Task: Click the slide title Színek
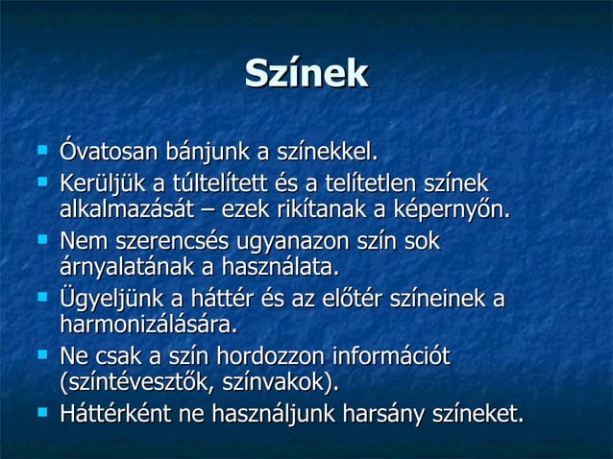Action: click(x=306, y=75)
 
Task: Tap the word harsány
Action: click(x=380, y=414)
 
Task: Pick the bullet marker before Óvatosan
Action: click(x=40, y=152)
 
